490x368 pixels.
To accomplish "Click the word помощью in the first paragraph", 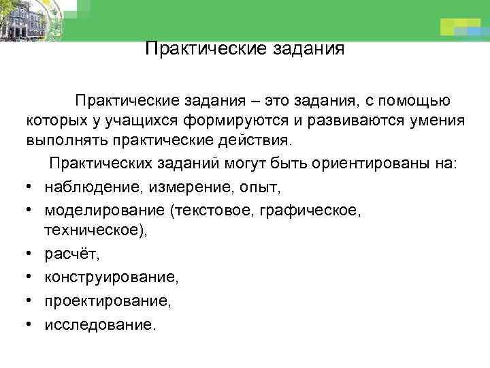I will click(415, 102).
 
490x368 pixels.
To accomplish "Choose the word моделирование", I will click(105, 210).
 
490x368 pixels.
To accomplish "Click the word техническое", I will click(95, 231).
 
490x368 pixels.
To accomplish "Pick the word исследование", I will click(99, 324).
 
